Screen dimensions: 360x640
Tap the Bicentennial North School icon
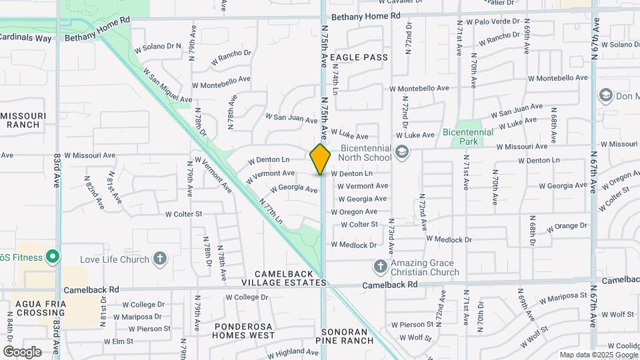click(401, 153)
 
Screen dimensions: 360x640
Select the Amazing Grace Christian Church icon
click(380, 267)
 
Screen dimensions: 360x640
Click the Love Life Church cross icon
click(159, 259)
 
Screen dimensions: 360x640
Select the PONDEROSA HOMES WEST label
click(244, 331)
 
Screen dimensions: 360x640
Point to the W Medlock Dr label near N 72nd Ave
click(449, 239)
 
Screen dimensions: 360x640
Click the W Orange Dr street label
click(567, 227)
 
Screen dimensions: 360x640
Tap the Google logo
click(22, 351)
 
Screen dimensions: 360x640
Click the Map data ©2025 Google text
click(598, 355)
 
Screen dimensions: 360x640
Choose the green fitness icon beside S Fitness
click(51, 257)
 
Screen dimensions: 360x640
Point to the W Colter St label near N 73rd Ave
click(359, 225)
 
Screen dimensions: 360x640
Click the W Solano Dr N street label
click(158, 47)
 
